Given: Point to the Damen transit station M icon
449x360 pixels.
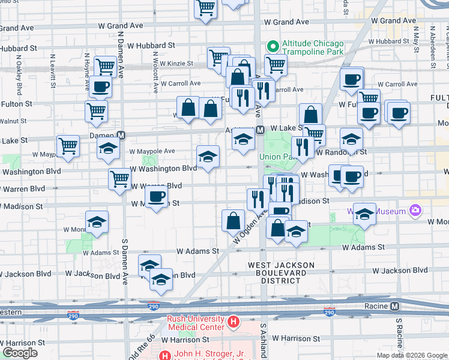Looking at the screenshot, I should (121, 136).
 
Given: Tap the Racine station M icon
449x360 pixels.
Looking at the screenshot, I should (396, 307).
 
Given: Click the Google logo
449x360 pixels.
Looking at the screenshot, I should (20, 353).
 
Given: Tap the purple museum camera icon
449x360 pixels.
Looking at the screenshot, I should (415, 210).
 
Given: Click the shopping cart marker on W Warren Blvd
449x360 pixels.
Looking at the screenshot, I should (120, 178).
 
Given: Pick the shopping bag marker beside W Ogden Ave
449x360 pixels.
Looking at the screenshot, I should (233, 220).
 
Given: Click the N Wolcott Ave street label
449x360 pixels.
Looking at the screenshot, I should (155, 79).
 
